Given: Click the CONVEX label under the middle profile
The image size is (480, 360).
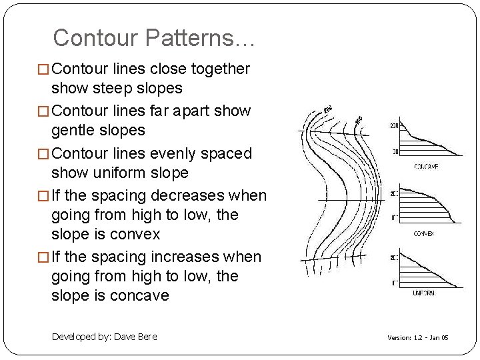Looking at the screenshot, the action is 424,234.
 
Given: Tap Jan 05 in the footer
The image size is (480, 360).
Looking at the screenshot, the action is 441,338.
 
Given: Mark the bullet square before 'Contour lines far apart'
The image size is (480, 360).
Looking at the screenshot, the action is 45,111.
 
